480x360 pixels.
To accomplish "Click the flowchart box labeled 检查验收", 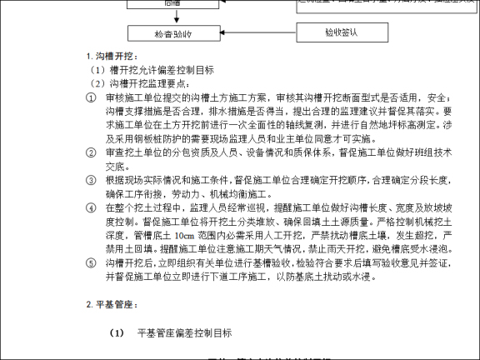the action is click(173, 34).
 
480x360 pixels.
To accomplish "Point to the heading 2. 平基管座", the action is click(111, 305).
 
